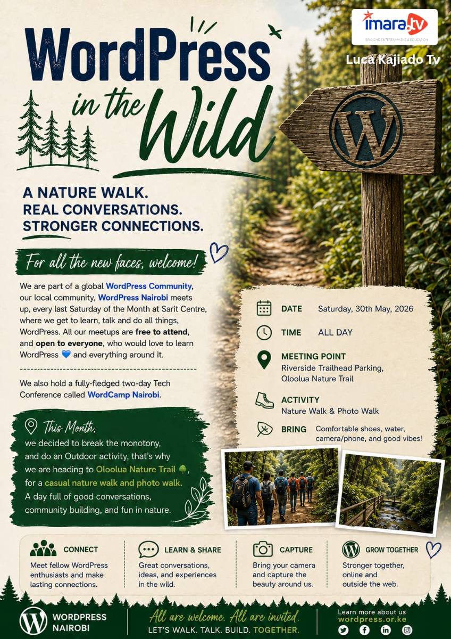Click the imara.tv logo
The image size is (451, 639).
click(x=395, y=27)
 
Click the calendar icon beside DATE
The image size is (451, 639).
click(x=264, y=308)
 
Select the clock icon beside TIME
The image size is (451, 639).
click(x=264, y=332)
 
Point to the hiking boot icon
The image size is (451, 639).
click(x=264, y=400)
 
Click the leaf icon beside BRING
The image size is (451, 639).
click(x=264, y=429)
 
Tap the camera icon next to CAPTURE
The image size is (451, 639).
click(x=263, y=549)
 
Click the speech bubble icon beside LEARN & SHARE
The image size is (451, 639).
click(x=148, y=549)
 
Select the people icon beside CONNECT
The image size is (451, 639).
click(x=43, y=548)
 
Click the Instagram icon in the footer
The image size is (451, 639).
click(x=407, y=629)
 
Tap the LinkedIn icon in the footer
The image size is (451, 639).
click(x=386, y=629)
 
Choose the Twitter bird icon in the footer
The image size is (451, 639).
click(x=344, y=629)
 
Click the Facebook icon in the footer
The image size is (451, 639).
click(x=364, y=629)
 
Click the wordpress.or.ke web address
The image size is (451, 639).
click(x=372, y=619)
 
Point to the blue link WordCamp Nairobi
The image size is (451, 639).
click(x=123, y=395)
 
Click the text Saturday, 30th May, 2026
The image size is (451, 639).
click(x=365, y=309)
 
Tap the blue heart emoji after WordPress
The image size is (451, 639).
click(x=66, y=354)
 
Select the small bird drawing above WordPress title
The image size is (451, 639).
click(x=274, y=31)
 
